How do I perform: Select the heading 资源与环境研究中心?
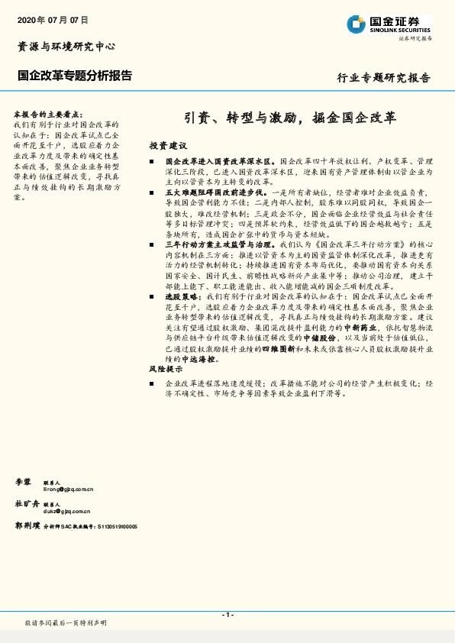coord(66,47)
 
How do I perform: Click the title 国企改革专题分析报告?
coord(75,76)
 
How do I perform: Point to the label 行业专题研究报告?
coord(384,78)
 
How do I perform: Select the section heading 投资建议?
coord(167,145)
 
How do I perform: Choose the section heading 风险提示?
coord(166,369)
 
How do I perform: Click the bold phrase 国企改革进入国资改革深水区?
coord(221,162)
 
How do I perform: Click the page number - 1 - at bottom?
coord(227,615)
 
